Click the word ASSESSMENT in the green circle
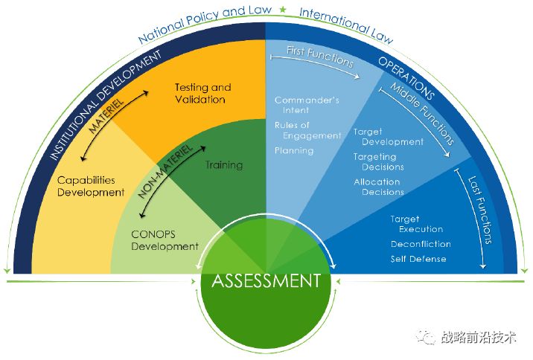pyautogui.click(x=266, y=281)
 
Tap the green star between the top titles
pyautogui.click(x=282, y=9)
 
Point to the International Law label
pyautogui.click(x=345, y=23)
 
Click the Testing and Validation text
pyautogui.click(x=202, y=93)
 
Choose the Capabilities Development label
pyautogui.click(x=90, y=186)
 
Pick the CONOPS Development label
pyautogui.click(x=165, y=240)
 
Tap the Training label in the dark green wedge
pyautogui.click(x=224, y=164)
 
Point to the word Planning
pyautogui.click(x=294, y=150)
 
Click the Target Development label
pyautogui.click(x=388, y=137)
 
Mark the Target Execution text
pyautogui.click(x=416, y=224)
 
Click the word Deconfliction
pyautogui.click(x=421, y=244)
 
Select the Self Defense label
pyautogui.click(x=418, y=259)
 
